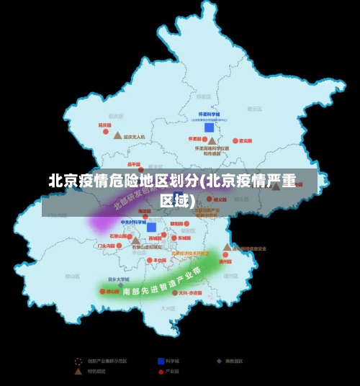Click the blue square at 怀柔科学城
coord(209,127)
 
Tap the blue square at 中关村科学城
coord(151,227)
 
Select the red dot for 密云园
coord(234,140)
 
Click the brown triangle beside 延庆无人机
coord(117,135)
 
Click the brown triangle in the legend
coord(78,372)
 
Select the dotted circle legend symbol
coord(78,361)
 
